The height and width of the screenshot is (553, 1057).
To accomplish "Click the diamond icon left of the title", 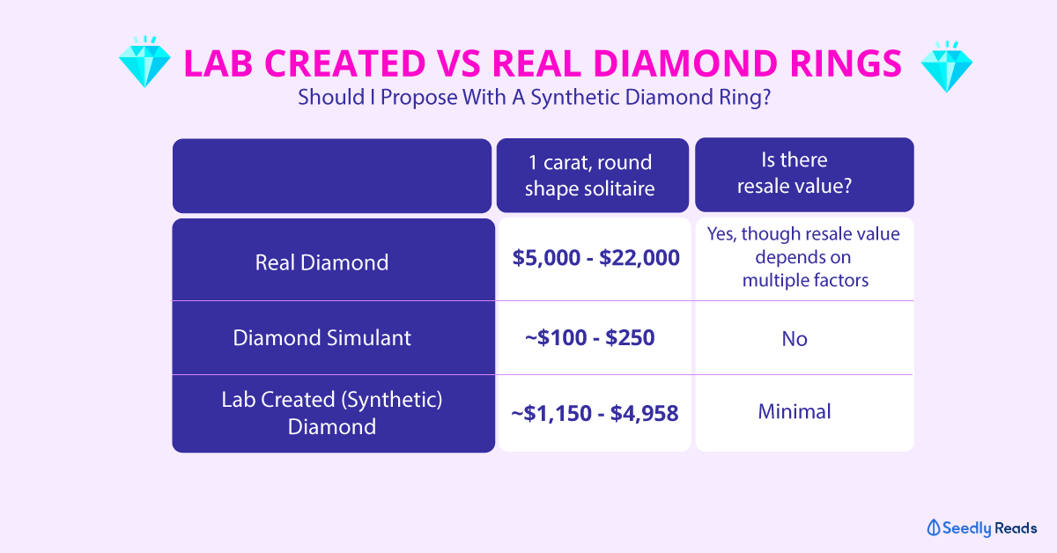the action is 144,62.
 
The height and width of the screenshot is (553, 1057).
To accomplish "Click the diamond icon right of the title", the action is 947,67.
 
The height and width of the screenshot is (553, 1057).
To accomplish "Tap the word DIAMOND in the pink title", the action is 685,63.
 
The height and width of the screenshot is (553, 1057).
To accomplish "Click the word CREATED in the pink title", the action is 345,63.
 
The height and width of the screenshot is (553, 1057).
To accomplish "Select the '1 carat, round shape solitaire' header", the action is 590,175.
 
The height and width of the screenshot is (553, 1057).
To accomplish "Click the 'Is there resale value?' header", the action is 795,173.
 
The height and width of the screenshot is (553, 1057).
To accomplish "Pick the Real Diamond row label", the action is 322,262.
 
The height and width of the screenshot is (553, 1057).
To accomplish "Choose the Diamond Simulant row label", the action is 322,338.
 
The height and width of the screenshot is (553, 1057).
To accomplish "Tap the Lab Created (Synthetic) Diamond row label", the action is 332,413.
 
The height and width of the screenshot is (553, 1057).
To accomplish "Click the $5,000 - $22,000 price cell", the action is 596,258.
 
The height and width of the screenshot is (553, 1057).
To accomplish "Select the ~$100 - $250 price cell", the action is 590,338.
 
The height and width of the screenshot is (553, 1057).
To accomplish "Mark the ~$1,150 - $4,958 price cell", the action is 595,413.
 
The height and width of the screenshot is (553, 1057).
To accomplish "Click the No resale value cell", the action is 795,339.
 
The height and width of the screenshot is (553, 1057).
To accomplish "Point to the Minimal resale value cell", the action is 795,411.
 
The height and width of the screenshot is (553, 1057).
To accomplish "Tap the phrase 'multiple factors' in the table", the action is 805,280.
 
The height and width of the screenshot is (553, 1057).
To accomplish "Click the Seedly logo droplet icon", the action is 934,527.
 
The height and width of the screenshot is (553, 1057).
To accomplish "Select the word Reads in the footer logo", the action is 1016,528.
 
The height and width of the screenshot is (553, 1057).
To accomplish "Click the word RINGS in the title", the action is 846,63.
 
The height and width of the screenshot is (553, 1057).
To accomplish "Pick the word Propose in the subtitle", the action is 419,98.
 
